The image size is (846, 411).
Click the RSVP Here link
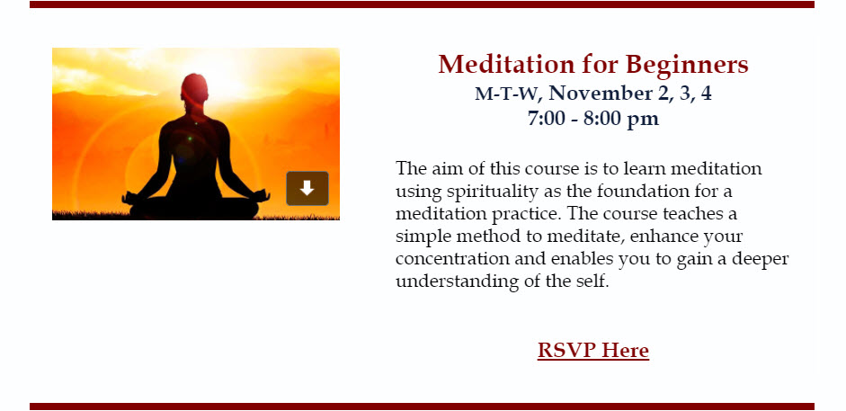593,350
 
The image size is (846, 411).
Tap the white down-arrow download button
307,188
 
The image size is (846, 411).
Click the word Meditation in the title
505,64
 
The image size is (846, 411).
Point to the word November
601,94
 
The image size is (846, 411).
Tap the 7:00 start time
546,118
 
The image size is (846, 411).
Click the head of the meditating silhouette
194,89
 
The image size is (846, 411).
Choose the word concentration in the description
452,259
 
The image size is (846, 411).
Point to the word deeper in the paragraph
761,260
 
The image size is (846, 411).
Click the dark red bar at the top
422,4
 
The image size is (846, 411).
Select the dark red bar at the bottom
422,407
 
